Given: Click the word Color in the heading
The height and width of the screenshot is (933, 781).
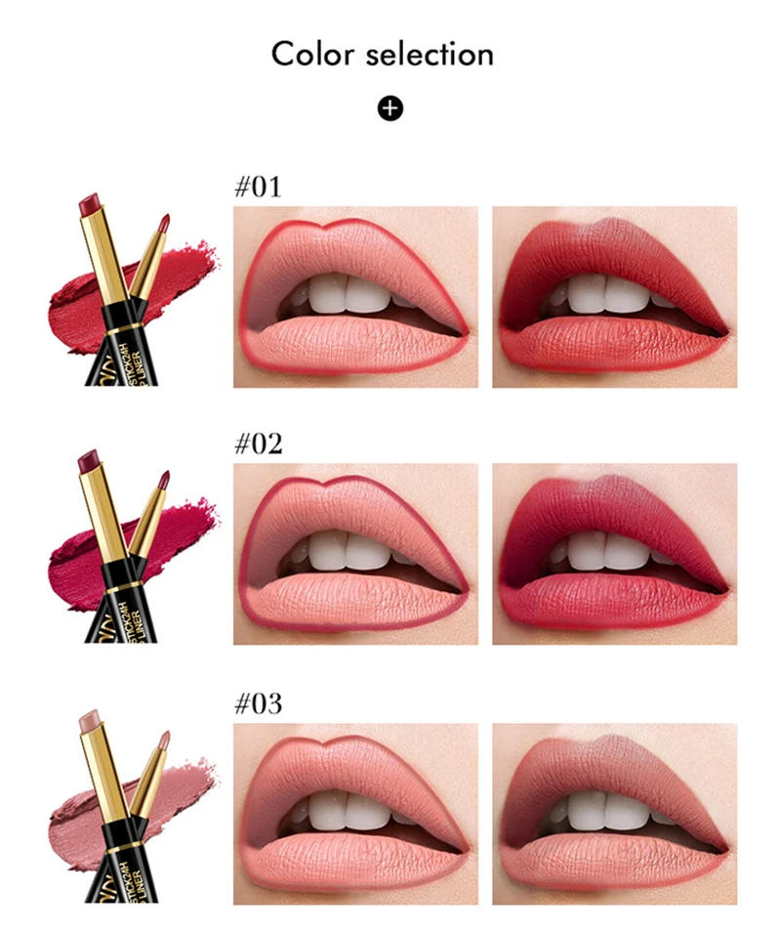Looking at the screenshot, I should (311, 54).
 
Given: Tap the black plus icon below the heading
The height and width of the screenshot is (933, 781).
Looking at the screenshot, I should (390, 107).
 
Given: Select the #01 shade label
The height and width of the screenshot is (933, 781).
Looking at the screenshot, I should (258, 187).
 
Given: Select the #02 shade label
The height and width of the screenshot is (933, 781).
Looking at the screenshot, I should (258, 445).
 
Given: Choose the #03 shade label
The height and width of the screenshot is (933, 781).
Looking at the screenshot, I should (258, 703).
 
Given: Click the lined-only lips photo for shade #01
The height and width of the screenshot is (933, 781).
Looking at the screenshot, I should (355, 296).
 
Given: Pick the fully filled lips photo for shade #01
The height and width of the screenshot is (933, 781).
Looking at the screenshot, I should (613, 296).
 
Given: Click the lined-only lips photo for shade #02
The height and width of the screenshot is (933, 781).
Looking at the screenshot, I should (355, 554).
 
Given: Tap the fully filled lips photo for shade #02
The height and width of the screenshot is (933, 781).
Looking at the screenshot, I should (613, 554).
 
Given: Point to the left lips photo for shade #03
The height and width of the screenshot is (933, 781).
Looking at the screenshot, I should (355, 813).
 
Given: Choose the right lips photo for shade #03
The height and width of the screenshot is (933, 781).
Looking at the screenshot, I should (613, 813).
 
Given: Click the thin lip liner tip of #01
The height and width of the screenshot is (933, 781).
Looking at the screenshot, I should (164, 220).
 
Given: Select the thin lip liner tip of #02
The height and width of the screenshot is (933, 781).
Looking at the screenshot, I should (164, 479).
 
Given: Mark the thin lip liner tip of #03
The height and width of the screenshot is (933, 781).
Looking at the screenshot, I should (164, 739).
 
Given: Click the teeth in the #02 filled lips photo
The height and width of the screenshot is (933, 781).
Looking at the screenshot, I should (605, 552).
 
